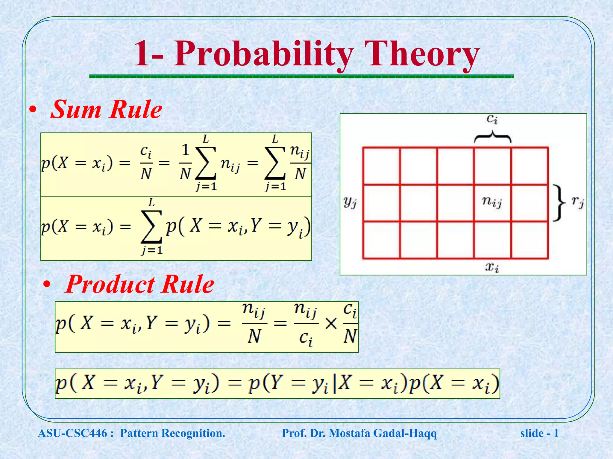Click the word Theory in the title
tap(422, 54)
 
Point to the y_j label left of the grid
tap(350, 202)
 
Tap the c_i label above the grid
tap(492, 119)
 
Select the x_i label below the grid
tap(492, 267)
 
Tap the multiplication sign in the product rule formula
tap(331, 324)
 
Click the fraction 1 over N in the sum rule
tap(185, 162)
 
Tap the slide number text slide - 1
tap(539, 433)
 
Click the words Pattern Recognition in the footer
tap(172, 433)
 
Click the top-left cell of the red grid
tap(381, 166)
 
